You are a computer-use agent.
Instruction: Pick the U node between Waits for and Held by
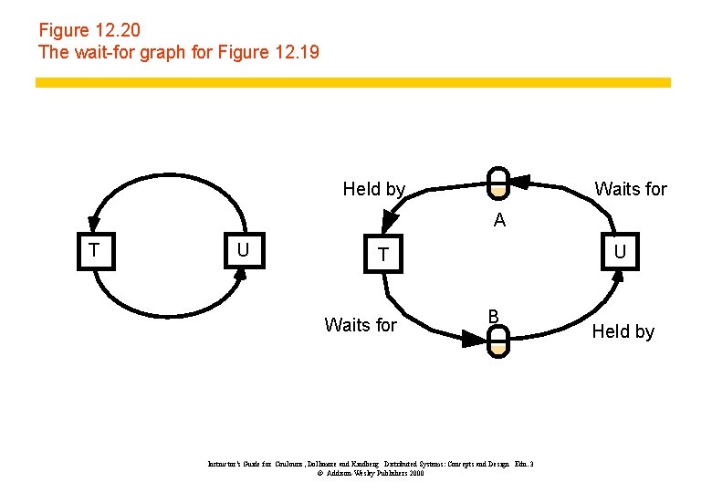pyautogui.click(x=620, y=252)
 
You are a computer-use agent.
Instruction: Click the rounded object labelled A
pyautogui.click(x=497, y=182)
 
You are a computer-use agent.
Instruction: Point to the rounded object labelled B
pyautogui.click(x=497, y=341)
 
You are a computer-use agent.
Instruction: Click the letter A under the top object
pyautogui.click(x=498, y=221)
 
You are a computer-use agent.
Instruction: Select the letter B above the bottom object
pyautogui.click(x=492, y=316)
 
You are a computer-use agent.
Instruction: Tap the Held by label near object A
pyautogui.click(x=373, y=190)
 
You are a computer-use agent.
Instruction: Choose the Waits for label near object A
pyautogui.click(x=631, y=190)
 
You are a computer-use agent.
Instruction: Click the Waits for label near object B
pyautogui.click(x=361, y=325)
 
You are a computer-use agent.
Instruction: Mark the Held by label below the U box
pyautogui.click(x=623, y=331)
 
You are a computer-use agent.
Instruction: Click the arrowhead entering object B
pyautogui.click(x=474, y=339)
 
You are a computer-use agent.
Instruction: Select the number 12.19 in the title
pyautogui.click(x=296, y=52)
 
